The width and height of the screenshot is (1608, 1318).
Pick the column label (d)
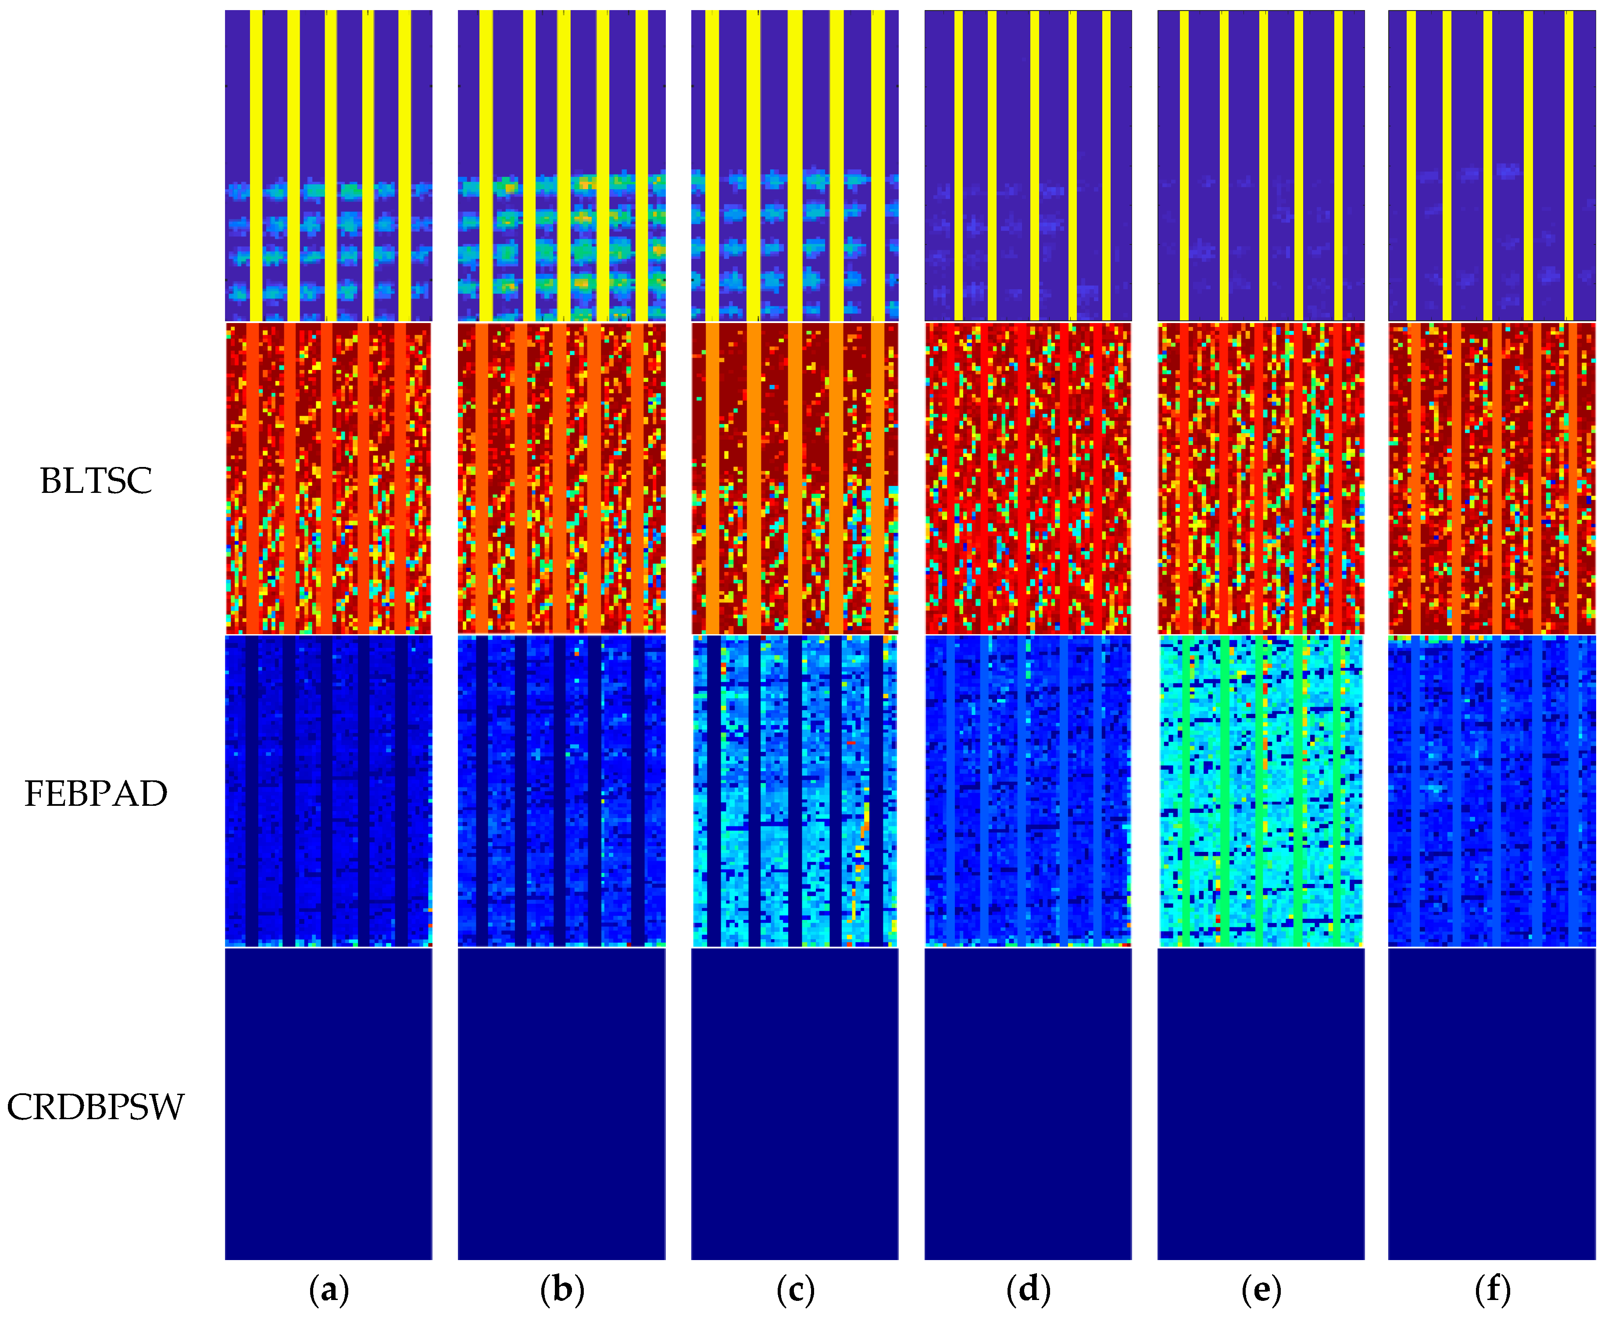[1028, 1289]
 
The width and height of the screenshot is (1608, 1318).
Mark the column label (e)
[1261, 1289]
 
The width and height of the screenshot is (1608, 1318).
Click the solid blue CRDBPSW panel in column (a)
[329, 1105]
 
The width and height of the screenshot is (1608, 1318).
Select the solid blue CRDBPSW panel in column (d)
[1028, 1105]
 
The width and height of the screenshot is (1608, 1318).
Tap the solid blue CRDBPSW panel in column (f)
[1492, 1105]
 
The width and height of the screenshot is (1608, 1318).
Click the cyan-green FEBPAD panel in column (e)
[1261, 791]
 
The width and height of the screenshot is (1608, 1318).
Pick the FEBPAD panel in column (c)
[794, 791]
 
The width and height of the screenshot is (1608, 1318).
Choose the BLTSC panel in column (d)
[1028, 478]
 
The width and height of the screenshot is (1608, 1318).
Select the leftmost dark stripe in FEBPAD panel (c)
[713, 791]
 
